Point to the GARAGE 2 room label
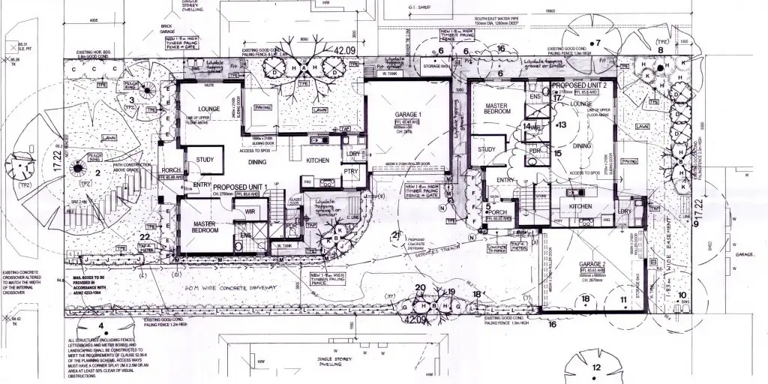click(x=592, y=265)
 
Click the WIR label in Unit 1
click(x=250, y=212)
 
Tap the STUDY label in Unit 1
click(x=205, y=159)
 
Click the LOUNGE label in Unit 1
click(x=208, y=109)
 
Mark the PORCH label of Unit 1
click(x=170, y=170)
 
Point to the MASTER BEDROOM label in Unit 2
click(x=497, y=109)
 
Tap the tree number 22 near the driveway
click(x=145, y=237)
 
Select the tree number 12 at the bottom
click(x=595, y=367)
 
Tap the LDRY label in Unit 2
click(x=625, y=211)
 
